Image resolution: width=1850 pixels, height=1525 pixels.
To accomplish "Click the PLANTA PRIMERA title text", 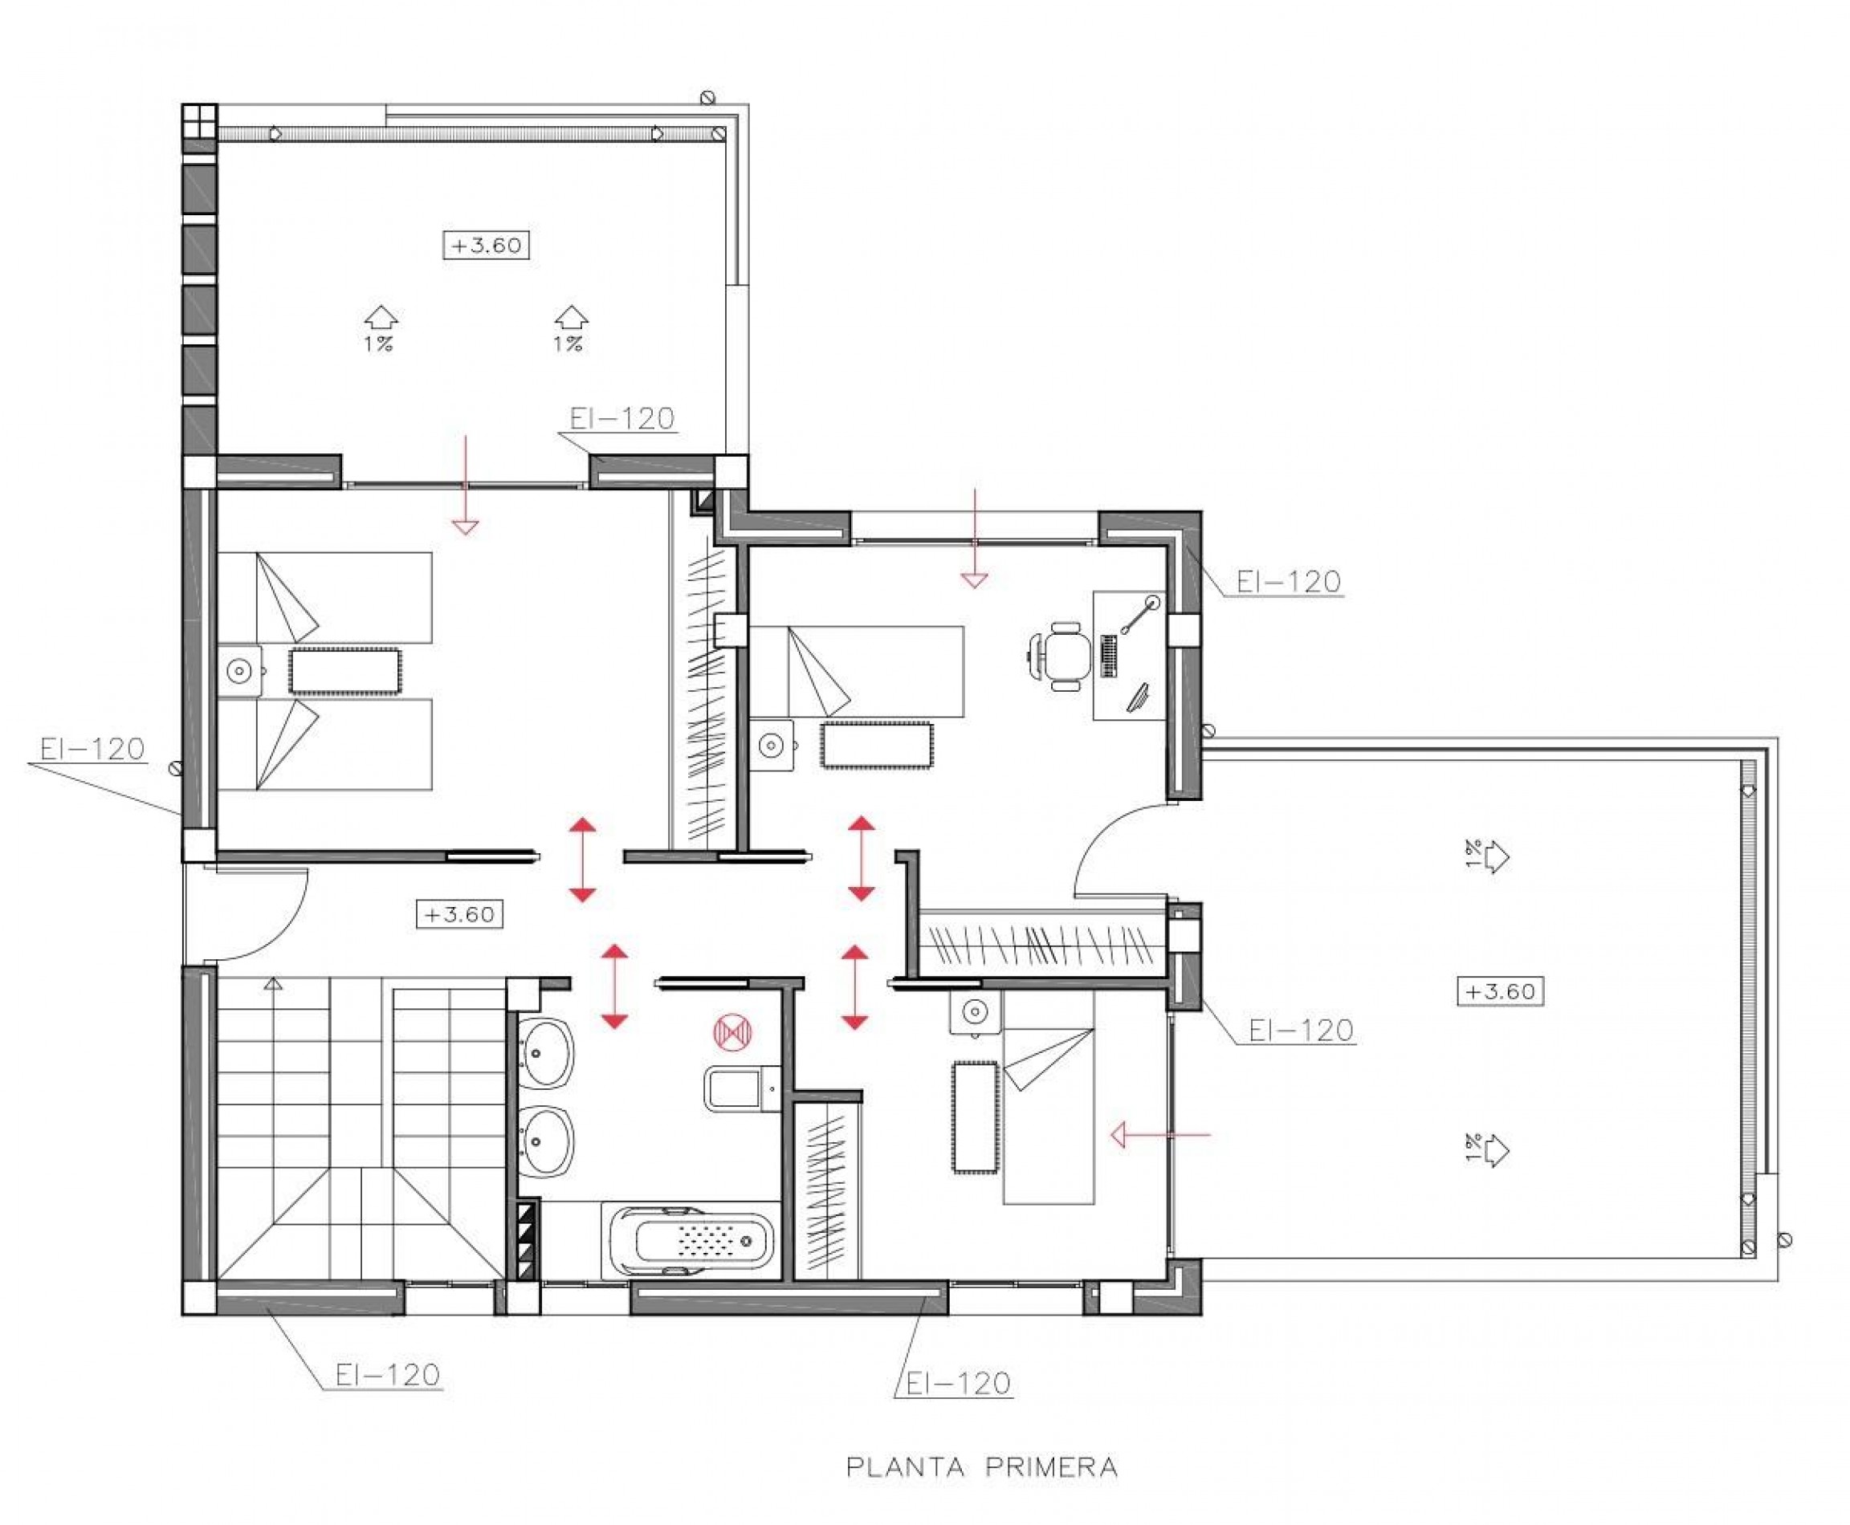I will (981, 1467).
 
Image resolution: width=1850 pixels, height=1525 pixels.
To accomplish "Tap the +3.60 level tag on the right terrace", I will (1500, 991).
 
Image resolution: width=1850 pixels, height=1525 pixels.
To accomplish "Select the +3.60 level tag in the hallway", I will (459, 913).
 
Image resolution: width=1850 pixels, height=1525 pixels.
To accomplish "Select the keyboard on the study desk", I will (1109, 657).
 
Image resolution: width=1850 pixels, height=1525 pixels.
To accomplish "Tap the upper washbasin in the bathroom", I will (546, 1053).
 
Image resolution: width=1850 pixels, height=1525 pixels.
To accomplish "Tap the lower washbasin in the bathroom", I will (546, 1141).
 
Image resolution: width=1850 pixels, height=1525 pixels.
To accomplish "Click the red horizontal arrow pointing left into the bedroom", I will (1160, 1135).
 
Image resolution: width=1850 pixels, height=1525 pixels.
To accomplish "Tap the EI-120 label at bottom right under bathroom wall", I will (958, 1384).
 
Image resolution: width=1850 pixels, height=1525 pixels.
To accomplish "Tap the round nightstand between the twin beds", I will (239, 671).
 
